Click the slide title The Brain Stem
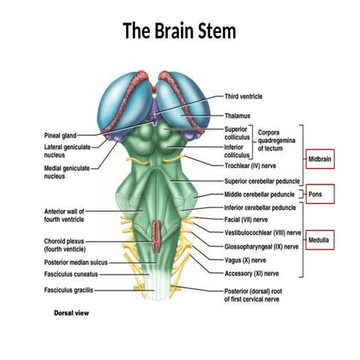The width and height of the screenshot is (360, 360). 179,31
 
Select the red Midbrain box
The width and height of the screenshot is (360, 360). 319,160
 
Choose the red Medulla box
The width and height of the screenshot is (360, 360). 319,240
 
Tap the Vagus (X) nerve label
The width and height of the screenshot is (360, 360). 248,259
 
